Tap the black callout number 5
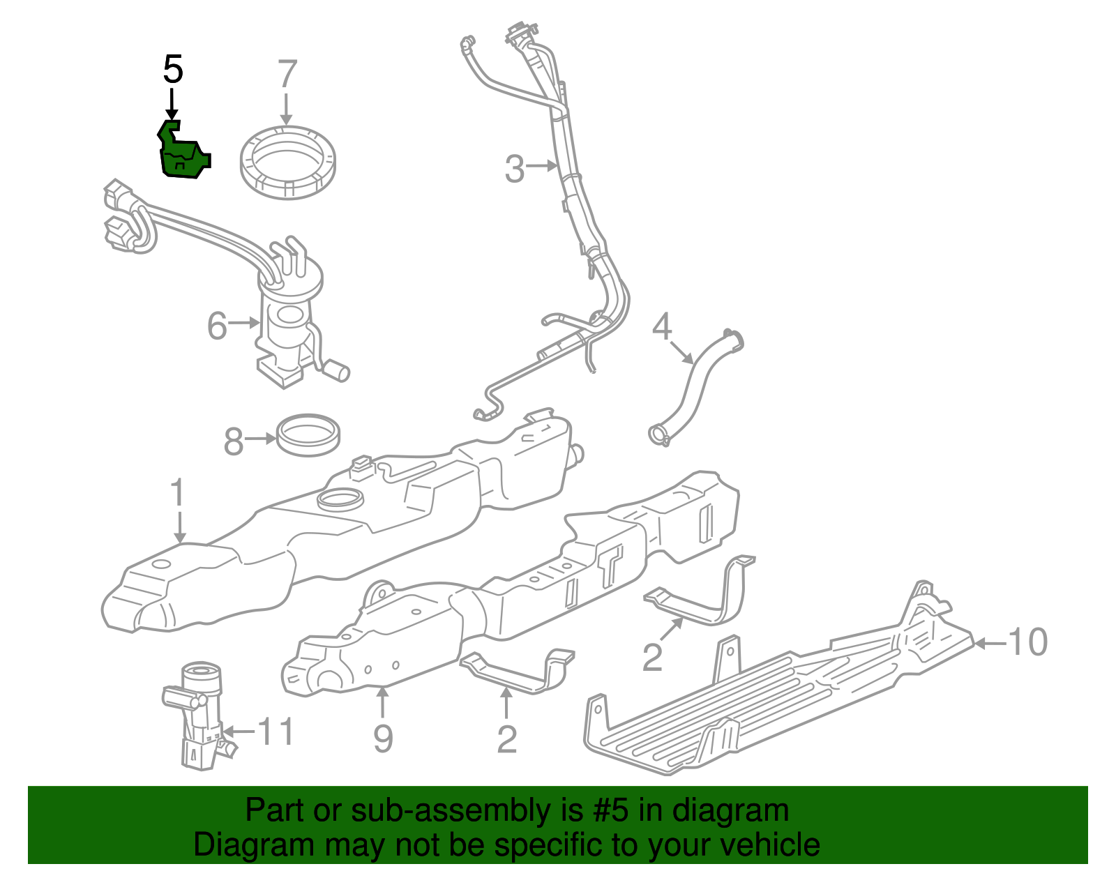[173, 70]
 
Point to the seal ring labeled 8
[309, 434]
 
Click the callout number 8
[234, 441]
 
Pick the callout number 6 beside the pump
[217, 325]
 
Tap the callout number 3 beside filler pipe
[514, 169]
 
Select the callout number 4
[661, 326]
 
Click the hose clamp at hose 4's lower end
[658, 435]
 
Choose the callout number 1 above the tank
[179, 493]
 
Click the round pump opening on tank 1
[340, 499]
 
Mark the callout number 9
[383, 739]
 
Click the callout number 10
[1027, 642]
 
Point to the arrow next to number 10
[989, 643]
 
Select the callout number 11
[276, 732]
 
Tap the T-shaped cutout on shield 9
[610, 561]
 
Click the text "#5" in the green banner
[609, 810]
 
